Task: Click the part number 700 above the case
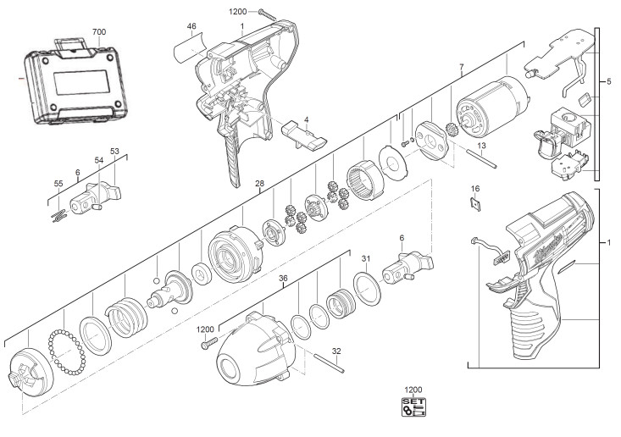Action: [99, 32]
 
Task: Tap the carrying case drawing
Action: [74, 82]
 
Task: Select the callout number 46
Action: [191, 26]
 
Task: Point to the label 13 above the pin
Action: [481, 146]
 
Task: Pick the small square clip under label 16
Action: [475, 204]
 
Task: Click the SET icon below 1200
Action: [413, 407]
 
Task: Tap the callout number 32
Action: [336, 351]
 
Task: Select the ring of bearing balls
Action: [67, 351]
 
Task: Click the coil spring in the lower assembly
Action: [126, 316]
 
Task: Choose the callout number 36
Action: [283, 279]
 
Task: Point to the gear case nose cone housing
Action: [256, 348]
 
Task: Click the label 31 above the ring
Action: [366, 259]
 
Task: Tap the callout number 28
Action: [259, 184]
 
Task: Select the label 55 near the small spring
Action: [58, 184]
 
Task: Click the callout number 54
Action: [99, 160]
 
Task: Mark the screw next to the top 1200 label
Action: [268, 14]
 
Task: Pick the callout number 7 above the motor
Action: [462, 67]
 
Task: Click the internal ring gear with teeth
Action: [365, 180]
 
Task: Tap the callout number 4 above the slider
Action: [306, 120]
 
